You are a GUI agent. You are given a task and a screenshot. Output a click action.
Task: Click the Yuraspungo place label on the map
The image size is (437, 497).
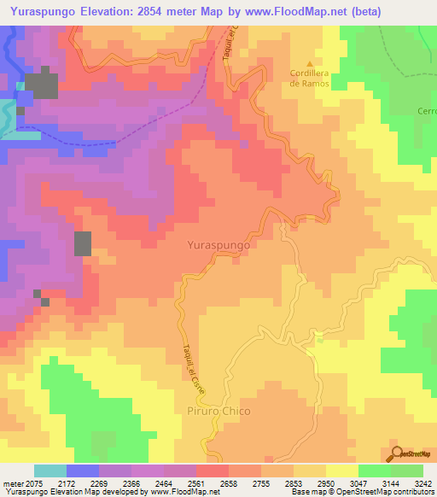[218, 244]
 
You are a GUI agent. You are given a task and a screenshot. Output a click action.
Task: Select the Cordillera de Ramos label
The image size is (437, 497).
[309, 78]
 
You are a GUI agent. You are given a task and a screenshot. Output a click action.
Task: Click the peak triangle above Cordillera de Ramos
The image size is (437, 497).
[309, 62]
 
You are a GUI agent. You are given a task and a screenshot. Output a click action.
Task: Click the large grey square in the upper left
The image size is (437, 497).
[41, 86]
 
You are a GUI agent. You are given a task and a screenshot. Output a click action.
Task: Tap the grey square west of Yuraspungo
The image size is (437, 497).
[83, 243]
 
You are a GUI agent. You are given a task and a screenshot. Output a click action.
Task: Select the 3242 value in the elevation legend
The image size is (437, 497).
[422, 483]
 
